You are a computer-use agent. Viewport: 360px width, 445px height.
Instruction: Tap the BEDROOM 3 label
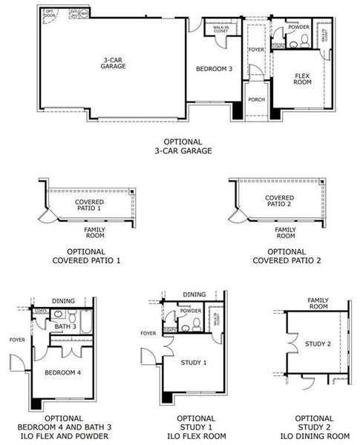(214, 69)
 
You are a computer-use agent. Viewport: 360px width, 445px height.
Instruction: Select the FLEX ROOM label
(302, 79)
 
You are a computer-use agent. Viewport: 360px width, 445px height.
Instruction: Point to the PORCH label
(257, 99)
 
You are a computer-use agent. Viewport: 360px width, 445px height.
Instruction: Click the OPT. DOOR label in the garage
(50, 13)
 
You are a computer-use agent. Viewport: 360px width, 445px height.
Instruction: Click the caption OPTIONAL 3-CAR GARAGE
(183, 146)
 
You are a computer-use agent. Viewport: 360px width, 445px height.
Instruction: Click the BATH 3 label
(65, 326)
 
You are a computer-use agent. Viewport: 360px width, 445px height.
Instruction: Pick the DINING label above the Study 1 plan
(194, 295)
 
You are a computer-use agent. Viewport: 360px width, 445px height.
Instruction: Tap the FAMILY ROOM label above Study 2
(318, 303)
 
